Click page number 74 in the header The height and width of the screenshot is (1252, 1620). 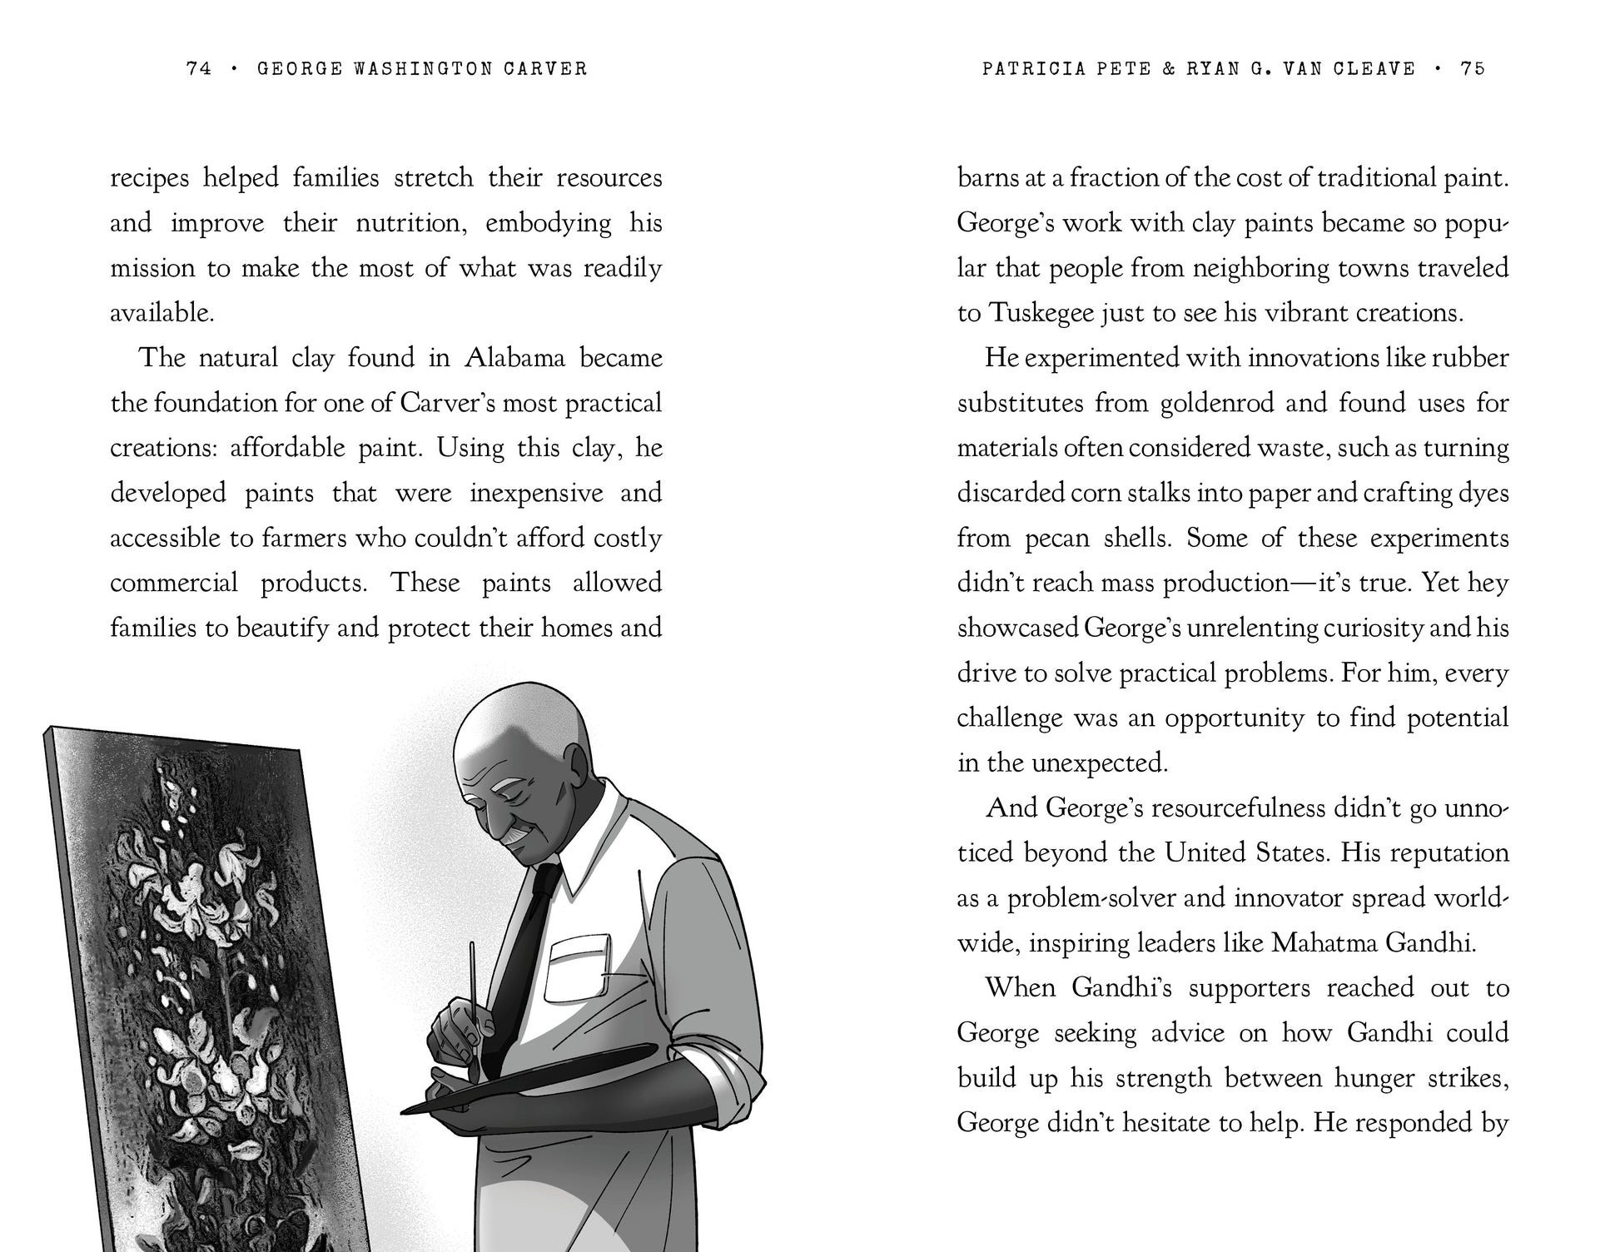coord(199,69)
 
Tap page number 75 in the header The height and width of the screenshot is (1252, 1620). coord(1473,69)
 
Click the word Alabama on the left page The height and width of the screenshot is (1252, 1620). coord(514,359)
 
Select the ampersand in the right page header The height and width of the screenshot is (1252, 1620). coord(1168,69)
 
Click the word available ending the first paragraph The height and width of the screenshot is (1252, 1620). coord(162,314)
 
